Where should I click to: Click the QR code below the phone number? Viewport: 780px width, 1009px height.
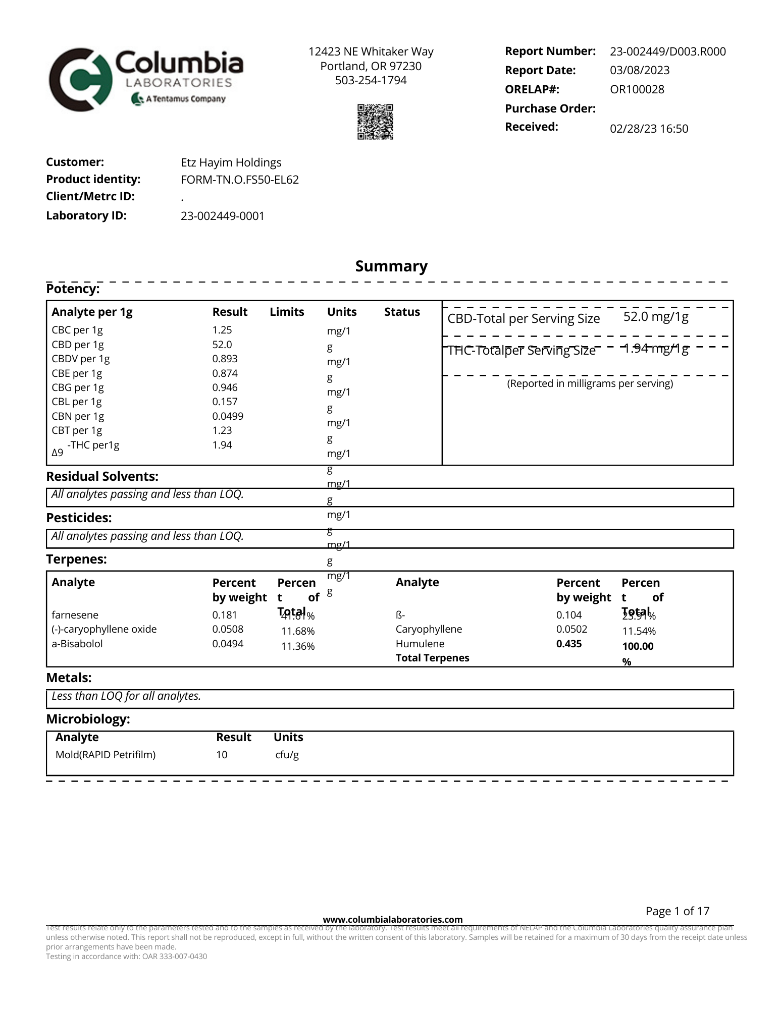click(x=375, y=122)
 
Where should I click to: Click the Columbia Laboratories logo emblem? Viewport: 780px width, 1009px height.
click(x=80, y=80)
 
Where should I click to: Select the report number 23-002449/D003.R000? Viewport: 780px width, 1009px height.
click(x=667, y=51)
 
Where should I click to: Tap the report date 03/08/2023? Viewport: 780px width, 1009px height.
click(x=640, y=71)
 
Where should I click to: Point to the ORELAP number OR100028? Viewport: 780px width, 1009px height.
click(x=637, y=90)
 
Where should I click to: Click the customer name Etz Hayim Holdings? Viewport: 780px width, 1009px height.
click(x=231, y=162)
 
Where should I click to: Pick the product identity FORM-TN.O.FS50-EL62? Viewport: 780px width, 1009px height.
click(x=239, y=180)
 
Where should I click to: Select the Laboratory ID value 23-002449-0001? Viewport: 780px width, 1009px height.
click(x=222, y=216)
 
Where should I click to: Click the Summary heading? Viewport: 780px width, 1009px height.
click(x=391, y=266)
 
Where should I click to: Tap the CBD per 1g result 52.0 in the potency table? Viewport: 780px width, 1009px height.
click(x=222, y=345)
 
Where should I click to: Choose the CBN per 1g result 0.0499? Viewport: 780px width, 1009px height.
click(x=228, y=416)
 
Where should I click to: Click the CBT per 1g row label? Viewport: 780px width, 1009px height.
click(x=77, y=430)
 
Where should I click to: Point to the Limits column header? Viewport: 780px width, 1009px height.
click(x=287, y=312)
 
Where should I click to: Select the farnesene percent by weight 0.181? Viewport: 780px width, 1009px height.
click(x=224, y=615)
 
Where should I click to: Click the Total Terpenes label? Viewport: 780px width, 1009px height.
click(x=432, y=658)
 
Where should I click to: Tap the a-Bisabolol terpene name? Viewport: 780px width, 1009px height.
click(x=77, y=644)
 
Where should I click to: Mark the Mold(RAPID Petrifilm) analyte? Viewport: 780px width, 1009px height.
click(x=105, y=755)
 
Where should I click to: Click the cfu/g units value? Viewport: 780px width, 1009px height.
click(x=287, y=755)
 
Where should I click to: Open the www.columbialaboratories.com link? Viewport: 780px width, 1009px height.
click(x=392, y=920)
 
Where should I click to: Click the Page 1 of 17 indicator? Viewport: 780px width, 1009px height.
click(x=677, y=911)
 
